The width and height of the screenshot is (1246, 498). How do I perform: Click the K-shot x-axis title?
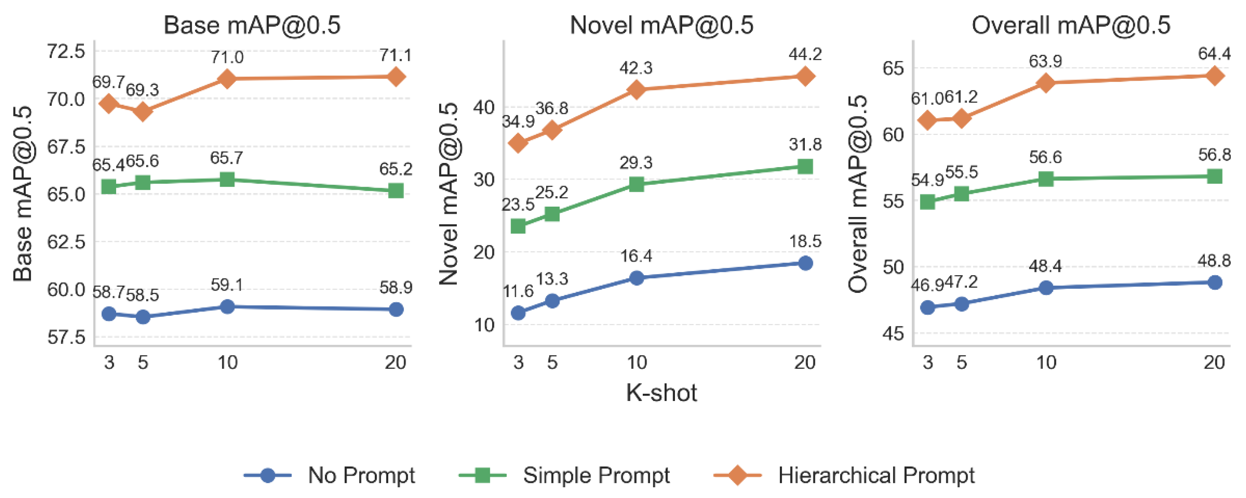(x=661, y=393)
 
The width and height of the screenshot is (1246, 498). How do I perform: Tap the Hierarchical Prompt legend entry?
(x=875, y=475)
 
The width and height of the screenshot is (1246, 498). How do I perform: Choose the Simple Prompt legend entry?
(x=596, y=475)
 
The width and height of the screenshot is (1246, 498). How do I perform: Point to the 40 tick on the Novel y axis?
(x=484, y=107)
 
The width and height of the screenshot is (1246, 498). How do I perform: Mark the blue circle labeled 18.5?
(x=805, y=263)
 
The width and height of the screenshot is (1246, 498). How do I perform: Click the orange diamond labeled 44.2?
(x=805, y=76)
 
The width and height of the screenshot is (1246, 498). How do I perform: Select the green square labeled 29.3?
(x=637, y=184)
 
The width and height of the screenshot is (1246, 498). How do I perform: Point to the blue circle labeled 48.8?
(x=1215, y=282)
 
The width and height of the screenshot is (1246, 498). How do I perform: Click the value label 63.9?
(x=1045, y=61)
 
